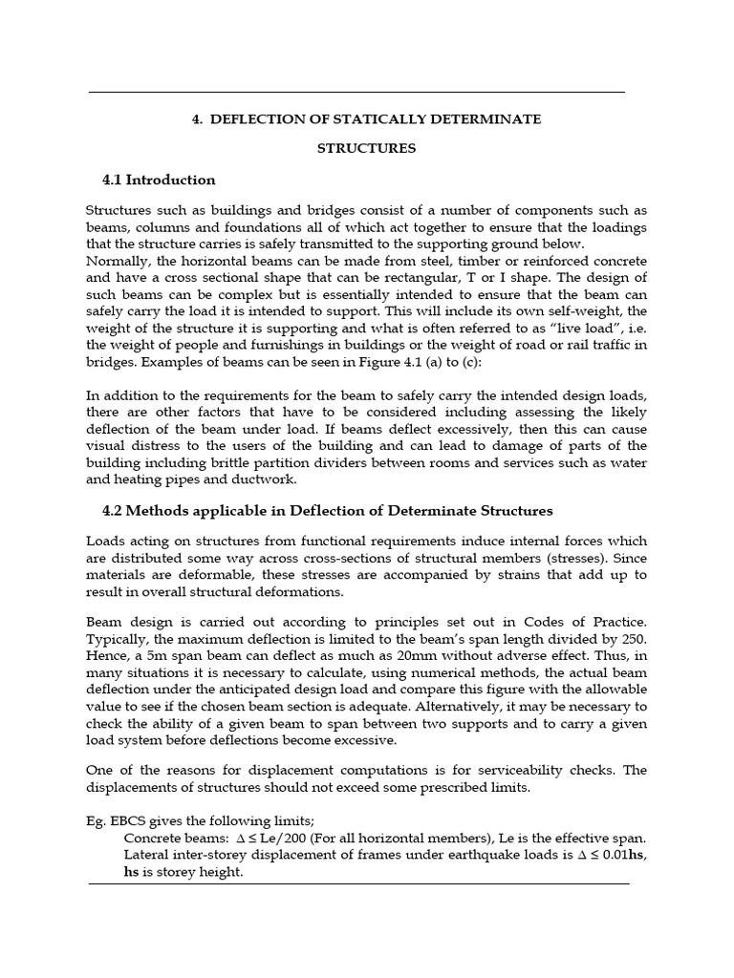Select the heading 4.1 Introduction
pos(159,180)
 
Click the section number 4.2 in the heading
pos(114,511)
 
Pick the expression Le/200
pos(276,839)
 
